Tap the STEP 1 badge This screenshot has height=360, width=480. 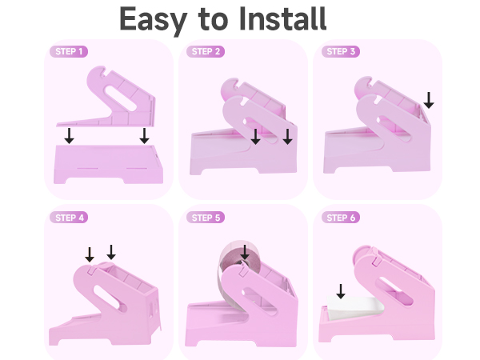[69, 52]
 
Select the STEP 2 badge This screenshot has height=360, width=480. [207, 52]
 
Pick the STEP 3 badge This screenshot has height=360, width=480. [342, 52]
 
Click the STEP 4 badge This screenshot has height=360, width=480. [69, 218]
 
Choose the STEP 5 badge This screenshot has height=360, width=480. [207, 218]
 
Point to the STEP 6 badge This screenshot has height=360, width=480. [342, 218]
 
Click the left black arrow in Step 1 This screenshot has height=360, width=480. [70, 136]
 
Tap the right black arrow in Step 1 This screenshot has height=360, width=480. [144, 136]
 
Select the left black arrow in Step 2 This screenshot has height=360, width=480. [255, 137]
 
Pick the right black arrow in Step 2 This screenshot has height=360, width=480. [287, 137]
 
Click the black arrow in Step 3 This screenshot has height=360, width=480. [429, 100]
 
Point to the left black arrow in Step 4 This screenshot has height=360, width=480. [90, 254]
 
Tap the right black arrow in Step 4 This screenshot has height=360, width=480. [111, 252]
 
